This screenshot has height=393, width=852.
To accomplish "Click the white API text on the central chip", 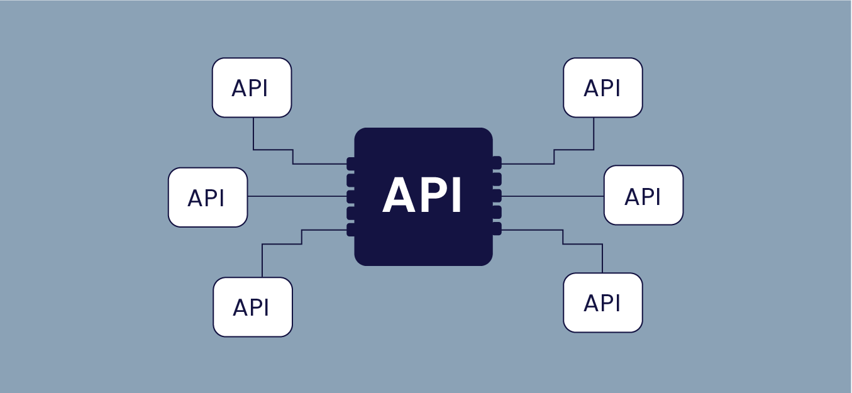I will pyautogui.click(x=423, y=196).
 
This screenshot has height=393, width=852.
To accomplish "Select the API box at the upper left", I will pyautogui.click(x=252, y=87).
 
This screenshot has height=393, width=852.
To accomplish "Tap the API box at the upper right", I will pyautogui.click(x=602, y=87).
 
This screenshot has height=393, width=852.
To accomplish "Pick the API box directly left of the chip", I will pyautogui.click(x=207, y=197).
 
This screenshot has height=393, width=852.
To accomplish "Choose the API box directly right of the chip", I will pyautogui.click(x=643, y=195).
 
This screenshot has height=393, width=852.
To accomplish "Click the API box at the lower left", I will pyautogui.click(x=252, y=307).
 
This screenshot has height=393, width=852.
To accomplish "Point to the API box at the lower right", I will pyautogui.click(x=602, y=302).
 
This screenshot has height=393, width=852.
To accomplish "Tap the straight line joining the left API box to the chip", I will pyautogui.click(x=296, y=196).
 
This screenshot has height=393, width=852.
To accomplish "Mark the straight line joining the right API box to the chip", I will pyautogui.click(x=553, y=196).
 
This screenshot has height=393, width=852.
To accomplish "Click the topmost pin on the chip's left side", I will pyautogui.click(x=351, y=163).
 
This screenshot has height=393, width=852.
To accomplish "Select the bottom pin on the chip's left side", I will pyautogui.click(x=351, y=230).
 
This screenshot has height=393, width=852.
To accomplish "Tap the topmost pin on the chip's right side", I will pyautogui.click(x=497, y=163).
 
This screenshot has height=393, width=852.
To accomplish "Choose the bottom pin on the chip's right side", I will pyautogui.click(x=497, y=229).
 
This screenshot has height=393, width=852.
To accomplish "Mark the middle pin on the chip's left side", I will pyautogui.click(x=351, y=197).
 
